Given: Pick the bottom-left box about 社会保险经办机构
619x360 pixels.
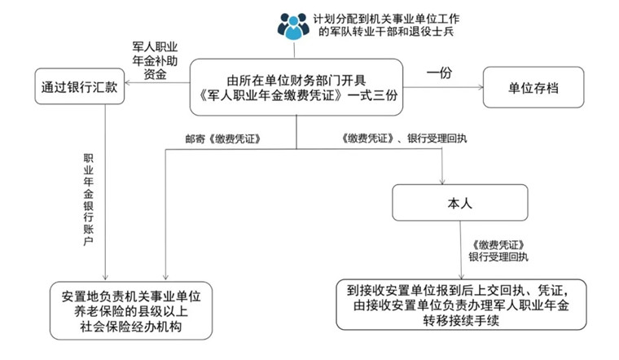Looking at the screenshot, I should point(130,309).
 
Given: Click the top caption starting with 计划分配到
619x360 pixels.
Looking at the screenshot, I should point(386,25).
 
